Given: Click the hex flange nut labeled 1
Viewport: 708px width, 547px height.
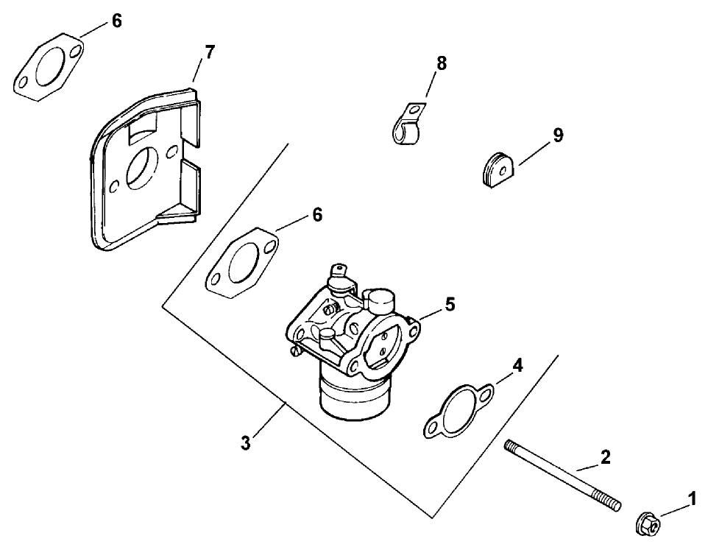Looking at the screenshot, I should pos(648,523).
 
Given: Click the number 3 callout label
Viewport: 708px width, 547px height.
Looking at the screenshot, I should pos(246,443).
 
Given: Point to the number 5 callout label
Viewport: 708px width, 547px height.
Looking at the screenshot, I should pos(450,303).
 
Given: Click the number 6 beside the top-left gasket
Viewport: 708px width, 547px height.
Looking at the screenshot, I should pos(116,21).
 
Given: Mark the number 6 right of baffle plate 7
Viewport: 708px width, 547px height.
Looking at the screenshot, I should pos(316,215).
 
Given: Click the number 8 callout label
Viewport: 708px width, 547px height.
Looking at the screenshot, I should pos(441,63).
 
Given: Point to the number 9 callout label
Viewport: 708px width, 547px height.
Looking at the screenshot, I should pos(558,135).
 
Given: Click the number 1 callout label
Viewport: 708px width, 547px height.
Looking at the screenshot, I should pos(691,500).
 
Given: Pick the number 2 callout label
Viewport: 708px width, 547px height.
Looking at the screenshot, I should pos(605,457).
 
